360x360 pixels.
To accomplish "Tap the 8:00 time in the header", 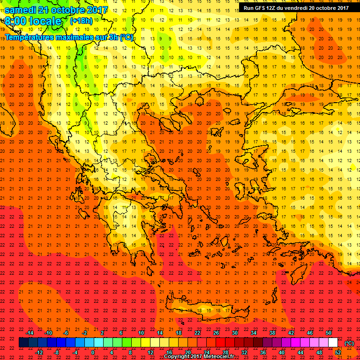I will tap(16, 21).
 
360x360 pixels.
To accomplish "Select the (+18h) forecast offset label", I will tap(81, 21).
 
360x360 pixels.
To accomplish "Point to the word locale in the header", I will tap(45, 21).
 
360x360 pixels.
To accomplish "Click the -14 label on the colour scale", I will tap(30, 333).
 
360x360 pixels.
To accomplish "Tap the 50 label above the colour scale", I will tap(328, 333).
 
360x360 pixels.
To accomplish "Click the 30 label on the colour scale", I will tap(234, 333).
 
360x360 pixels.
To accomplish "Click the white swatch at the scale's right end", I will tap(333, 343).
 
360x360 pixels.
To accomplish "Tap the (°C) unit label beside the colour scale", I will tap(349, 343).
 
